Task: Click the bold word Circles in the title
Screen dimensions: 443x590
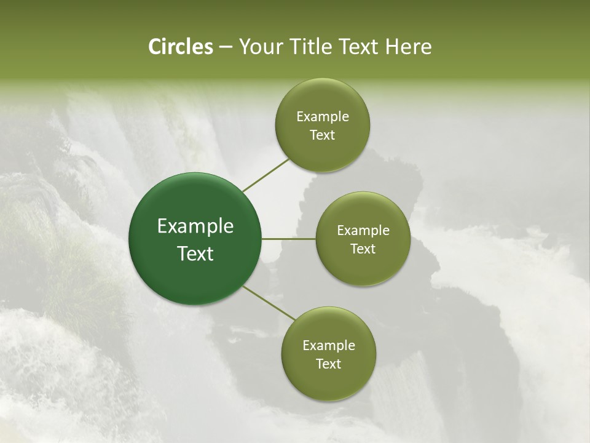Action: [x=180, y=47]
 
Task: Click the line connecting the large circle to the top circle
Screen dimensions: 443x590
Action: [x=266, y=175]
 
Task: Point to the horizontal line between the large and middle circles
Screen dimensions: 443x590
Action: [x=288, y=239]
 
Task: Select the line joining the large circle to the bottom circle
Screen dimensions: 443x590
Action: [x=269, y=303]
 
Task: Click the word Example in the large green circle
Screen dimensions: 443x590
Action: [x=195, y=226]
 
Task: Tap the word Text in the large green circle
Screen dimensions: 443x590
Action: [x=195, y=253]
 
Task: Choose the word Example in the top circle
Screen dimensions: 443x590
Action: [x=323, y=117]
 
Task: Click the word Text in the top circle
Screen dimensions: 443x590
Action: [x=323, y=135]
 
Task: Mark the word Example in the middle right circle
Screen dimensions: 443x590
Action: [x=363, y=231]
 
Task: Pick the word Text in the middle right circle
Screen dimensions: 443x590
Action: [x=363, y=249]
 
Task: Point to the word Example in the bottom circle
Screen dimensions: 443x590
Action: [x=329, y=346]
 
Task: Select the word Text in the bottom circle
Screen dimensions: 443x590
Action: [x=329, y=364]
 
